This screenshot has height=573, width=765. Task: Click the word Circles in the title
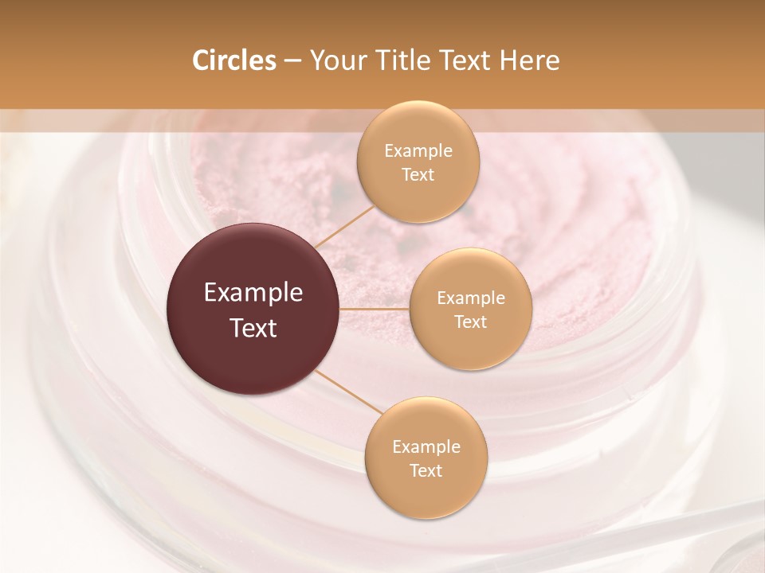tap(234, 60)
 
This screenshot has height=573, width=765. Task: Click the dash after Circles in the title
tap(292, 61)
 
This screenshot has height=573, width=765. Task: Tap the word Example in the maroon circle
tap(253, 293)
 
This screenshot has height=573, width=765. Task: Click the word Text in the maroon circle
tap(253, 328)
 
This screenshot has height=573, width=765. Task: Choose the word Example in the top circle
tap(418, 151)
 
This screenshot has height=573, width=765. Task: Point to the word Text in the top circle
tap(418, 175)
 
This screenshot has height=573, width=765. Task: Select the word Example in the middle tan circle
tap(470, 298)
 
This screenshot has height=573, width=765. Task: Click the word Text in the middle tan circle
tap(470, 322)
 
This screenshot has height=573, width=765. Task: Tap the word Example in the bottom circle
tap(426, 447)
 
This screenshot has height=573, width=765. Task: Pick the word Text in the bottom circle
tap(426, 471)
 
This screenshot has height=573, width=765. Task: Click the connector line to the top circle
tap(343, 226)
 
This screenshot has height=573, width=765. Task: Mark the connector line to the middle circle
tap(375, 309)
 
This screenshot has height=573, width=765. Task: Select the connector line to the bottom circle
tap(347, 392)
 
